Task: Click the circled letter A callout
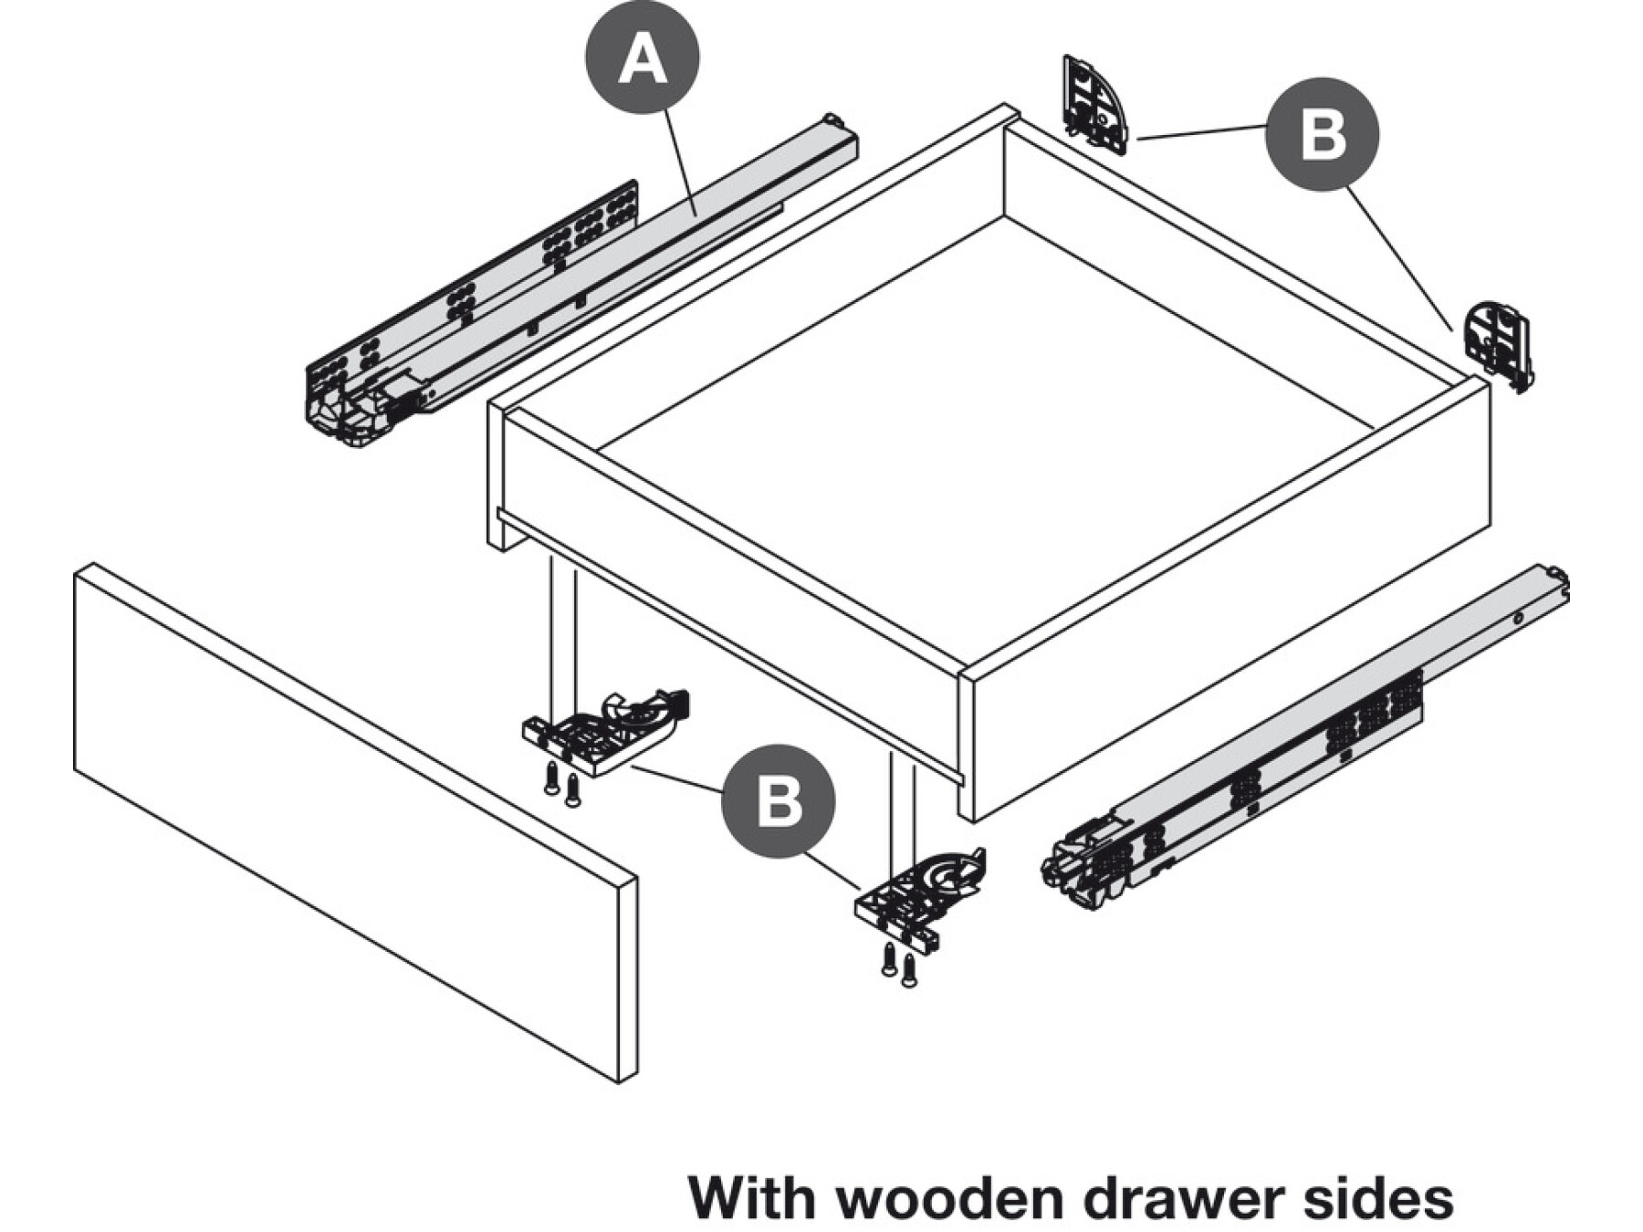643,57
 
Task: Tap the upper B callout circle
1322,135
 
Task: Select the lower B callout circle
778,801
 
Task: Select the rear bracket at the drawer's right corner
1498,345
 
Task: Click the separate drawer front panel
356,821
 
